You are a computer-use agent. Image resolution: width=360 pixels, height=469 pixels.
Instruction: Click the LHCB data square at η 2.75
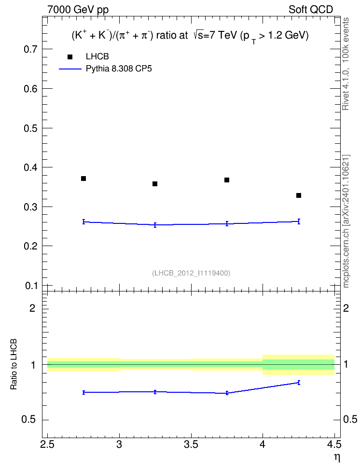tap(83, 179)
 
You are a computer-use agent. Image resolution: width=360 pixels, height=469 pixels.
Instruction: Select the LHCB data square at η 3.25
tap(155, 184)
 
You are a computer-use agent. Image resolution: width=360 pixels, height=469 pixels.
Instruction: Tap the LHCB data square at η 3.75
tap(227, 180)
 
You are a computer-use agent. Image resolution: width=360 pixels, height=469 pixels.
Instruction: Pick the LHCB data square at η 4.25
tap(299, 195)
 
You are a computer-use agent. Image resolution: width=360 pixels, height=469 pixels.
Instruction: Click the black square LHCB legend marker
tap(70, 57)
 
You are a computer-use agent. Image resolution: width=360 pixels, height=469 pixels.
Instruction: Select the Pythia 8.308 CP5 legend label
tap(119, 69)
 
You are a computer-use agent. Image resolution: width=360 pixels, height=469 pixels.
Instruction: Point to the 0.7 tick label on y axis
tap(31, 49)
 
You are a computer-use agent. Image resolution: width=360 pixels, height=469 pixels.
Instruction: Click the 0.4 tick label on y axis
tap(31, 167)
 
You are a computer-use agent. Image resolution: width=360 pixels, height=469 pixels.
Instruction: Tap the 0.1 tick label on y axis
tap(31, 286)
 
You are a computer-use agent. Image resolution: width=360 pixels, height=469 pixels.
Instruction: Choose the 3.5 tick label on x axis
tap(191, 444)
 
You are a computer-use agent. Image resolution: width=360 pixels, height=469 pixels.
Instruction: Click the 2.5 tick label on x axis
tap(47, 444)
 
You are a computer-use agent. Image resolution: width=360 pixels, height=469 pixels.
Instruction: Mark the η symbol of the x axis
tap(337, 457)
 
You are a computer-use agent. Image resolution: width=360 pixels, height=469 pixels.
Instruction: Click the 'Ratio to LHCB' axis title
tap(14, 364)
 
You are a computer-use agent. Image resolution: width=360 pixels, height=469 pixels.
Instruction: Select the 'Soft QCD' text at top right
tap(311, 10)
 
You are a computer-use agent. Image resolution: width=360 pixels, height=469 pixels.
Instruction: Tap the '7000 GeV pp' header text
tap(78, 10)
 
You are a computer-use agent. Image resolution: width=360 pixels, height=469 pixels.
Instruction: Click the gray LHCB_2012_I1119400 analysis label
tap(191, 273)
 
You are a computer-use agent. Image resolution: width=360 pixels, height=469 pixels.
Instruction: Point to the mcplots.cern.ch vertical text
tap(346, 221)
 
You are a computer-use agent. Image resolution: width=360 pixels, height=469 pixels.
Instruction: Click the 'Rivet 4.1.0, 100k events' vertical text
tap(346, 64)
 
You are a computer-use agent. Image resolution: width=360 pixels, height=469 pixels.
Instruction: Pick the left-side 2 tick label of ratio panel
tap(32, 308)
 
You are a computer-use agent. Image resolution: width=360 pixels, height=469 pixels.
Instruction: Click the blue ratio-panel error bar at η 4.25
tap(299, 383)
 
